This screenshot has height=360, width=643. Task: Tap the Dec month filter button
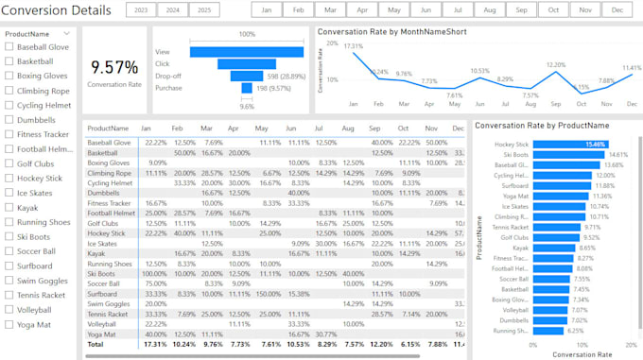617,9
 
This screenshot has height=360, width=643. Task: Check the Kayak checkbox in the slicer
9,207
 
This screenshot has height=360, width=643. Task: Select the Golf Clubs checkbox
9,163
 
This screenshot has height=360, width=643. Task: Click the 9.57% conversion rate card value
113,67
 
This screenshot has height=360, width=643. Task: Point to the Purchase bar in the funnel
247,88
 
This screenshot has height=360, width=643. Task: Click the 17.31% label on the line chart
354,46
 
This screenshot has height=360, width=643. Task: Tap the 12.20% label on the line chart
556,65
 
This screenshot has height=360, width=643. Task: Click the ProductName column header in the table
108,128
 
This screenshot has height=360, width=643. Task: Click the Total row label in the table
96,346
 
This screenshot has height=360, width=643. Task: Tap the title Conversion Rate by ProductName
541,125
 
